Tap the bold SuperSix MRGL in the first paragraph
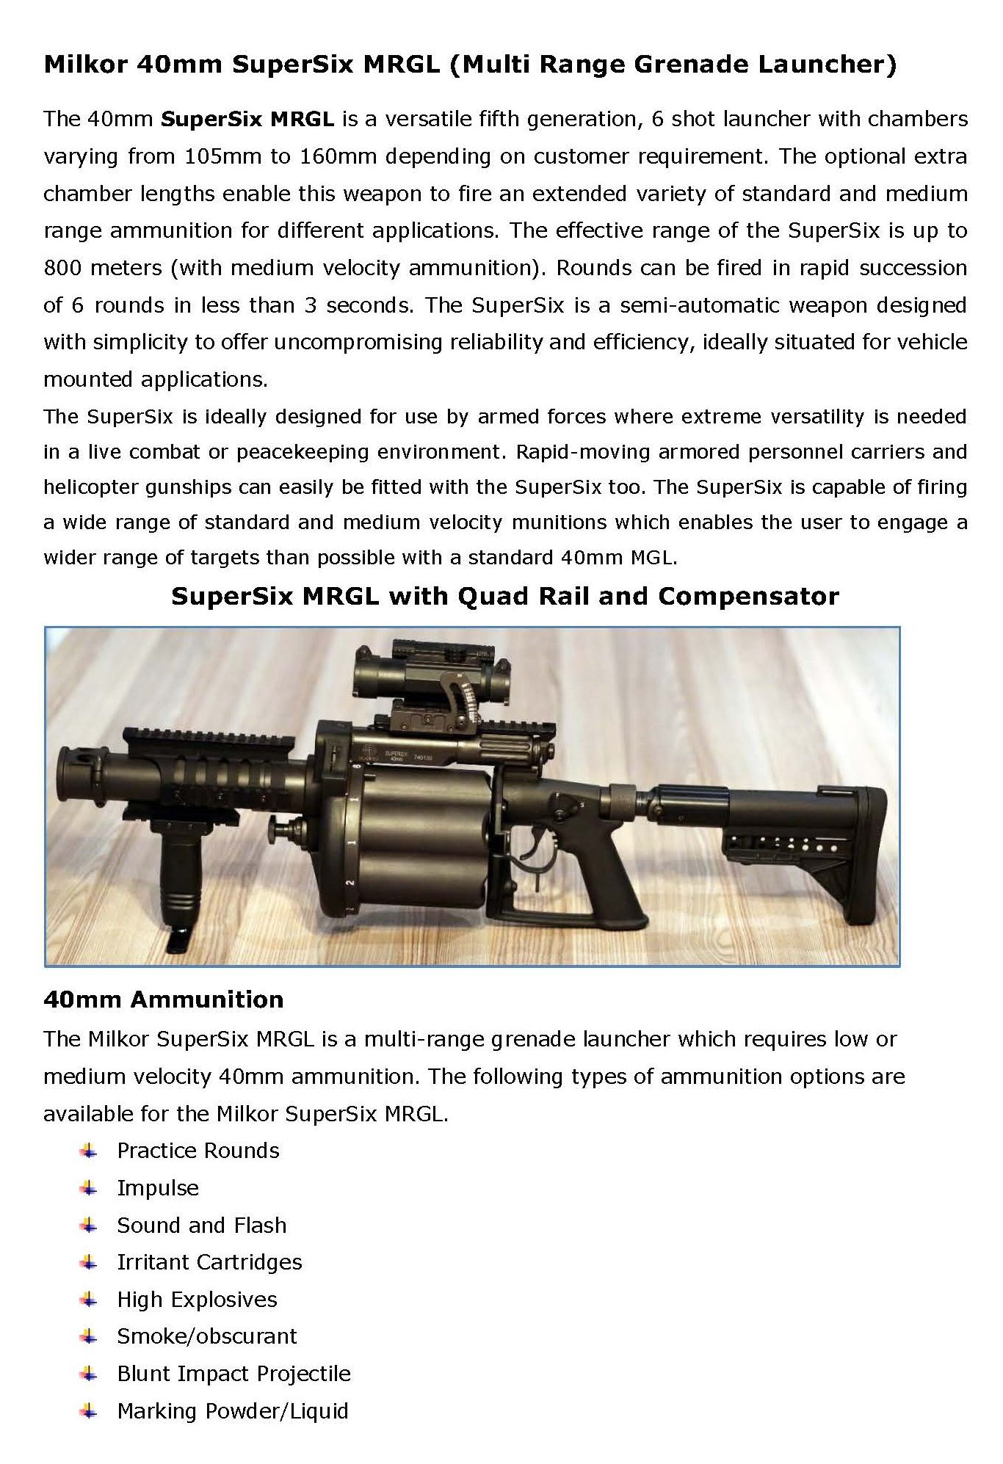click(x=247, y=119)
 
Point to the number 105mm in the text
click(x=213, y=156)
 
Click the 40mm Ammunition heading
click(x=163, y=999)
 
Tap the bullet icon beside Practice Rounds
click(x=89, y=1150)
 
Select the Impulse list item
click(x=158, y=1188)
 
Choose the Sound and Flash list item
click(x=202, y=1225)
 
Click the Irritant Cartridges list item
click(x=209, y=1262)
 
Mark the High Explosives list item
click(x=197, y=1300)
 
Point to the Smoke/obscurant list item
click(x=207, y=1336)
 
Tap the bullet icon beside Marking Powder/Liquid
click(x=89, y=1411)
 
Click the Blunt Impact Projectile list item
click(x=233, y=1374)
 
